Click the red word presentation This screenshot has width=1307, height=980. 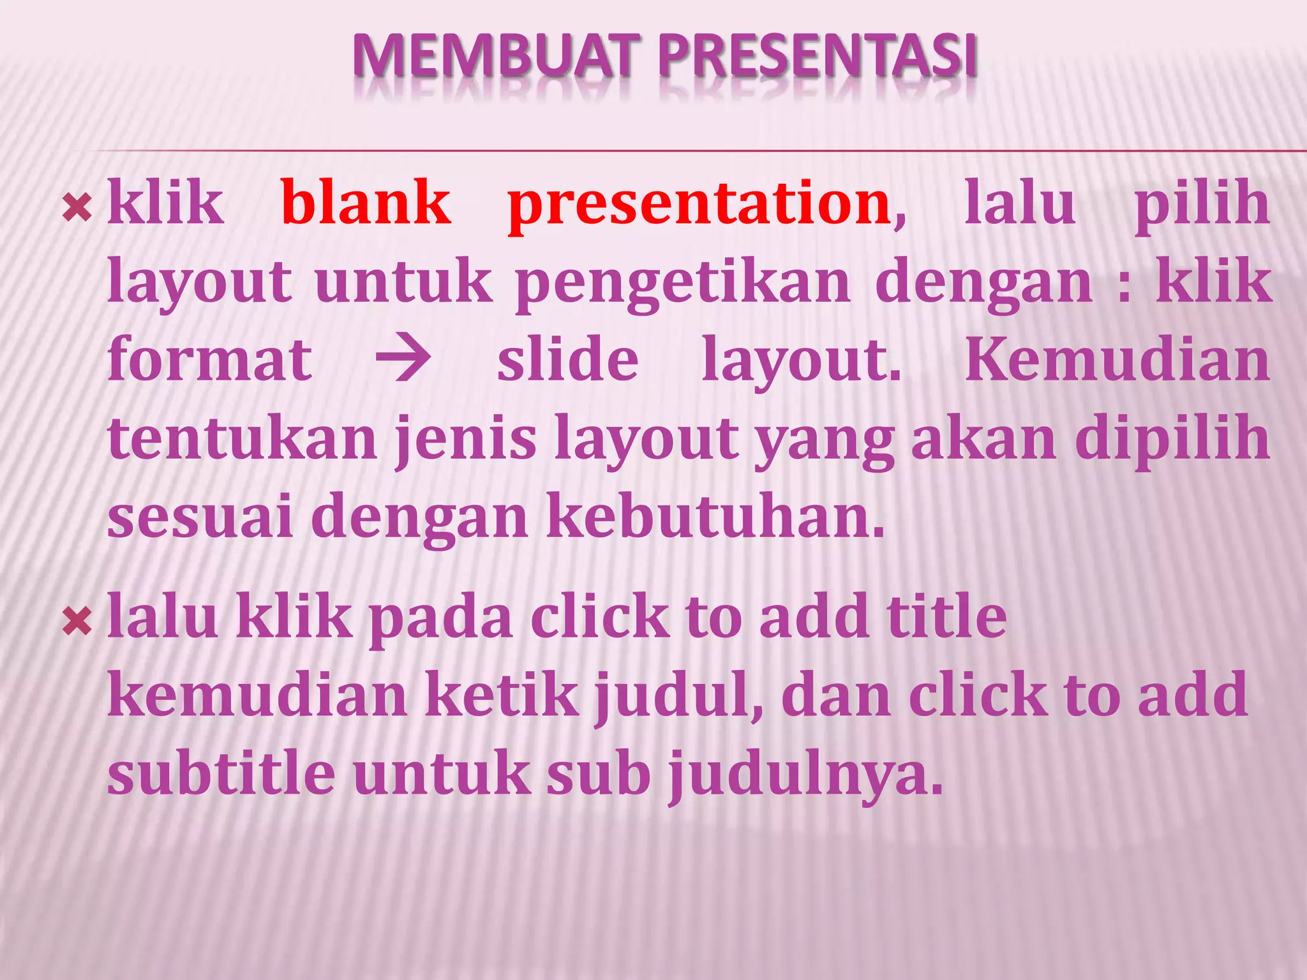coord(699,204)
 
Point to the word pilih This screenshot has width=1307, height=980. coord(1202,204)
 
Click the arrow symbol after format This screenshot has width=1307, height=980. coord(403,360)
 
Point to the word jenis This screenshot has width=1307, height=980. coord(466,440)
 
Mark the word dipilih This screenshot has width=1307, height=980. coord(1172,440)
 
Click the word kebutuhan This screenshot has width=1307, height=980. coord(715,517)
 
